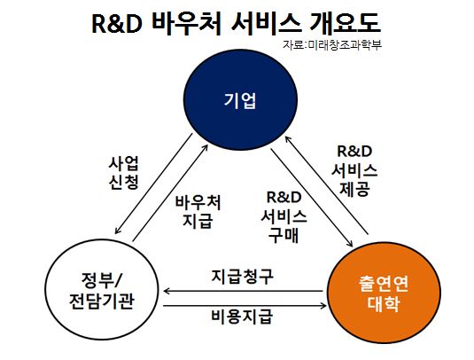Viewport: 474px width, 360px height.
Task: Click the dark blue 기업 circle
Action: point(241,100)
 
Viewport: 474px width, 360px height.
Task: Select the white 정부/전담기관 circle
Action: point(102,291)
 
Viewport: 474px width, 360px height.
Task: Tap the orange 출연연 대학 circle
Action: point(384,293)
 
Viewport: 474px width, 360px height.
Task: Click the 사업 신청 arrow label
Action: point(124,173)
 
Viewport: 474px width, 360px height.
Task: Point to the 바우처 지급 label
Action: point(198,212)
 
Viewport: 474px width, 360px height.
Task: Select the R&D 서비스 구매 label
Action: point(284,217)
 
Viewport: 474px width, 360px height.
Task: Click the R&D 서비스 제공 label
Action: point(354,171)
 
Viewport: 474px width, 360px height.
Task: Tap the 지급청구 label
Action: point(243,276)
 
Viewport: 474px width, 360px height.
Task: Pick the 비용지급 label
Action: point(242,317)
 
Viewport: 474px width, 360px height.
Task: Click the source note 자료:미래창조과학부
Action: point(332,44)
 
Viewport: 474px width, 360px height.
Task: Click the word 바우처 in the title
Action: point(187,24)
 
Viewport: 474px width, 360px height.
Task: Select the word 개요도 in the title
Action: point(345,24)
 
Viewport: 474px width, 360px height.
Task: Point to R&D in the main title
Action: point(116,24)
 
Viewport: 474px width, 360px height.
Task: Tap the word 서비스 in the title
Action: point(266,24)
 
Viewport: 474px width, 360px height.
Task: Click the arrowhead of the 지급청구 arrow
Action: point(166,292)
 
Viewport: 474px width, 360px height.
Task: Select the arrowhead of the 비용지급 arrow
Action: point(323,306)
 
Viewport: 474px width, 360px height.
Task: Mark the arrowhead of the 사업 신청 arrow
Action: point(117,231)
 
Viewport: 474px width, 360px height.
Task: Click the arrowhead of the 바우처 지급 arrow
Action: point(206,147)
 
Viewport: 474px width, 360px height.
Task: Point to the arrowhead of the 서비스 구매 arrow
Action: point(350,244)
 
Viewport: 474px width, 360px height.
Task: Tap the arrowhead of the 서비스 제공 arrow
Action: point(287,138)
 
